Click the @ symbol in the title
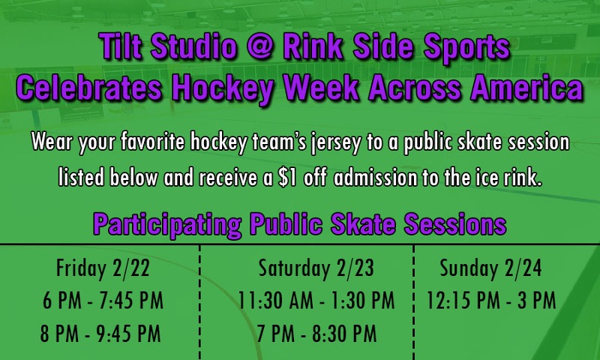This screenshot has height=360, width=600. (x=259, y=47)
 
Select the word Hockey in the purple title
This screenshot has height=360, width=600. (x=222, y=88)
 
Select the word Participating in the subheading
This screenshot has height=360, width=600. (x=167, y=225)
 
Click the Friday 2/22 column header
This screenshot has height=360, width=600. (x=103, y=268)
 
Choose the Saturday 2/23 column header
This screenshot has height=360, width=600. (x=316, y=268)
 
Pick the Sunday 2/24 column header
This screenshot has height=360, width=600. (x=490, y=268)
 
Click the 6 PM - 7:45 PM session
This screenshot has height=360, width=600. (x=103, y=300)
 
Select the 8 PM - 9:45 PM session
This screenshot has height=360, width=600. (x=100, y=334)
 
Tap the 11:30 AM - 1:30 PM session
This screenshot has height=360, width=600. (x=316, y=300)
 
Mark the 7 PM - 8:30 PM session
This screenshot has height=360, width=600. (x=316, y=334)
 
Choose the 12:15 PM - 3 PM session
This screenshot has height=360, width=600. (x=491, y=300)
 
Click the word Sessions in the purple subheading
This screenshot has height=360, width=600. (x=455, y=223)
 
